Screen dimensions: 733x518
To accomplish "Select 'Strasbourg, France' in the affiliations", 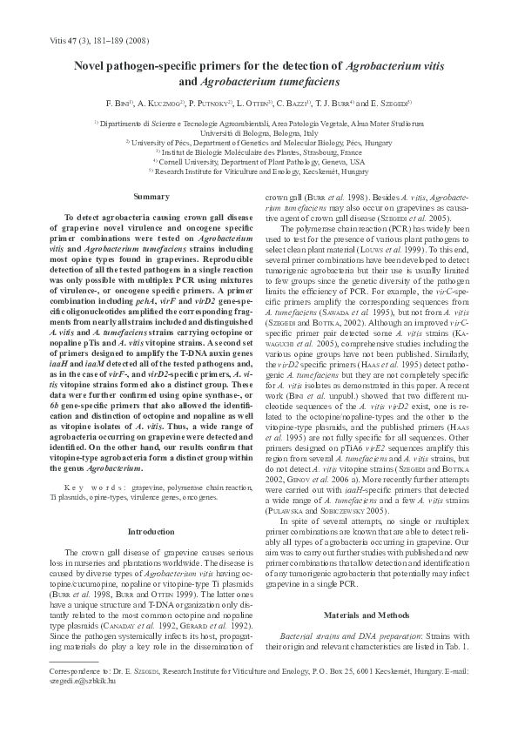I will click(332, 152).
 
